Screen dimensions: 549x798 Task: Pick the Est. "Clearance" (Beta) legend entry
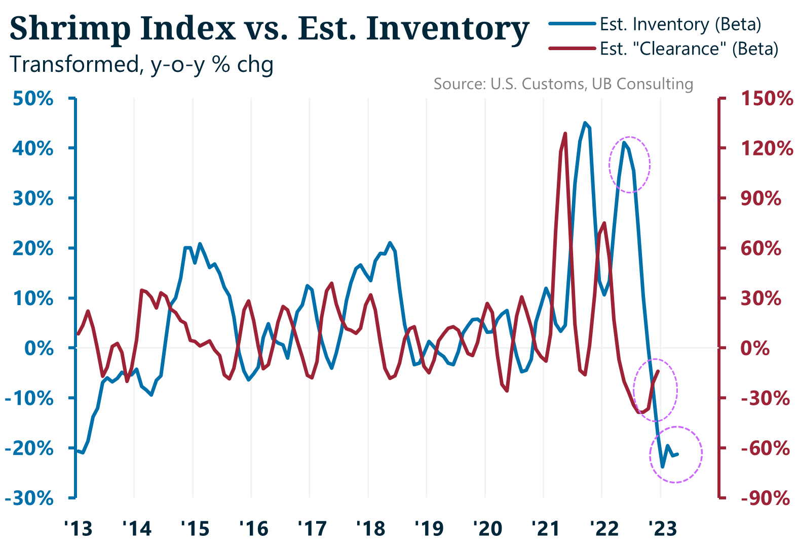click(689, 49)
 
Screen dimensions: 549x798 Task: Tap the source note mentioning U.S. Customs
click(563, 83)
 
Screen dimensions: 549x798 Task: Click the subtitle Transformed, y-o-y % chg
click(142, 65)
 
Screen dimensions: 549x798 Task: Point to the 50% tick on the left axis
click(33, 98)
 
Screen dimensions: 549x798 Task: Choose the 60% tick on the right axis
click(761, 248)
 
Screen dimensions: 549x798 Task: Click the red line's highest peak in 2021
click(565, 133)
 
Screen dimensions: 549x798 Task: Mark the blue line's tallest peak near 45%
click(585, 122)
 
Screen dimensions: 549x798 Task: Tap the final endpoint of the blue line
click(677, 454)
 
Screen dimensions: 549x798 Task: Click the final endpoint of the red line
click(658, 371)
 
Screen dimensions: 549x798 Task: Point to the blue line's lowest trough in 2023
click(662, 467)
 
